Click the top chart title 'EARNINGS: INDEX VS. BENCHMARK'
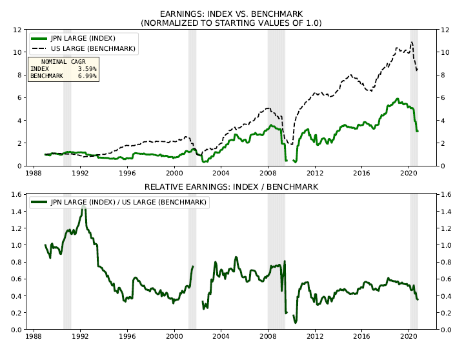231,14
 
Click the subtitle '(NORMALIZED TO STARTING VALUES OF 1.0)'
231,23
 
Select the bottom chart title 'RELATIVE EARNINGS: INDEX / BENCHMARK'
231,187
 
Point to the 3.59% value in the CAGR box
86,68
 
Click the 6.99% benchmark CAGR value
86,76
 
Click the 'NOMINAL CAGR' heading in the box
63,61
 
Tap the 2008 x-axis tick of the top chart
268,174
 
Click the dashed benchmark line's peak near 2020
411,43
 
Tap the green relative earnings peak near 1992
83,205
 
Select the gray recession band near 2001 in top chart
192,97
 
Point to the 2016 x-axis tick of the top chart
362,174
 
